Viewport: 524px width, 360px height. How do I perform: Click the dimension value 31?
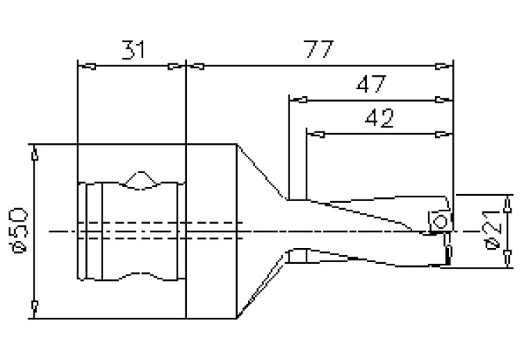click(x=134, y=50)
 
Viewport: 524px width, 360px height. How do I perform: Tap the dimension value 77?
click(x=318, y=49)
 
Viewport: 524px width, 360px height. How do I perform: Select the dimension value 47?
click(x=371, y=85)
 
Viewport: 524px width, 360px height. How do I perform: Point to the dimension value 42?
click(x=379, y=118)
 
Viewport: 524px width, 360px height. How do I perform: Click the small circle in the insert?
click(x=440, y=221)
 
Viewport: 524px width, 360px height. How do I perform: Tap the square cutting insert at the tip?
click(x=440, y=221)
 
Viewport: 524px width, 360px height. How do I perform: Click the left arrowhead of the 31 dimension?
click(x=87, y=67)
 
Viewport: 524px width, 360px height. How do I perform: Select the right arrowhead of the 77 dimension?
click(x=444, y=67)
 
